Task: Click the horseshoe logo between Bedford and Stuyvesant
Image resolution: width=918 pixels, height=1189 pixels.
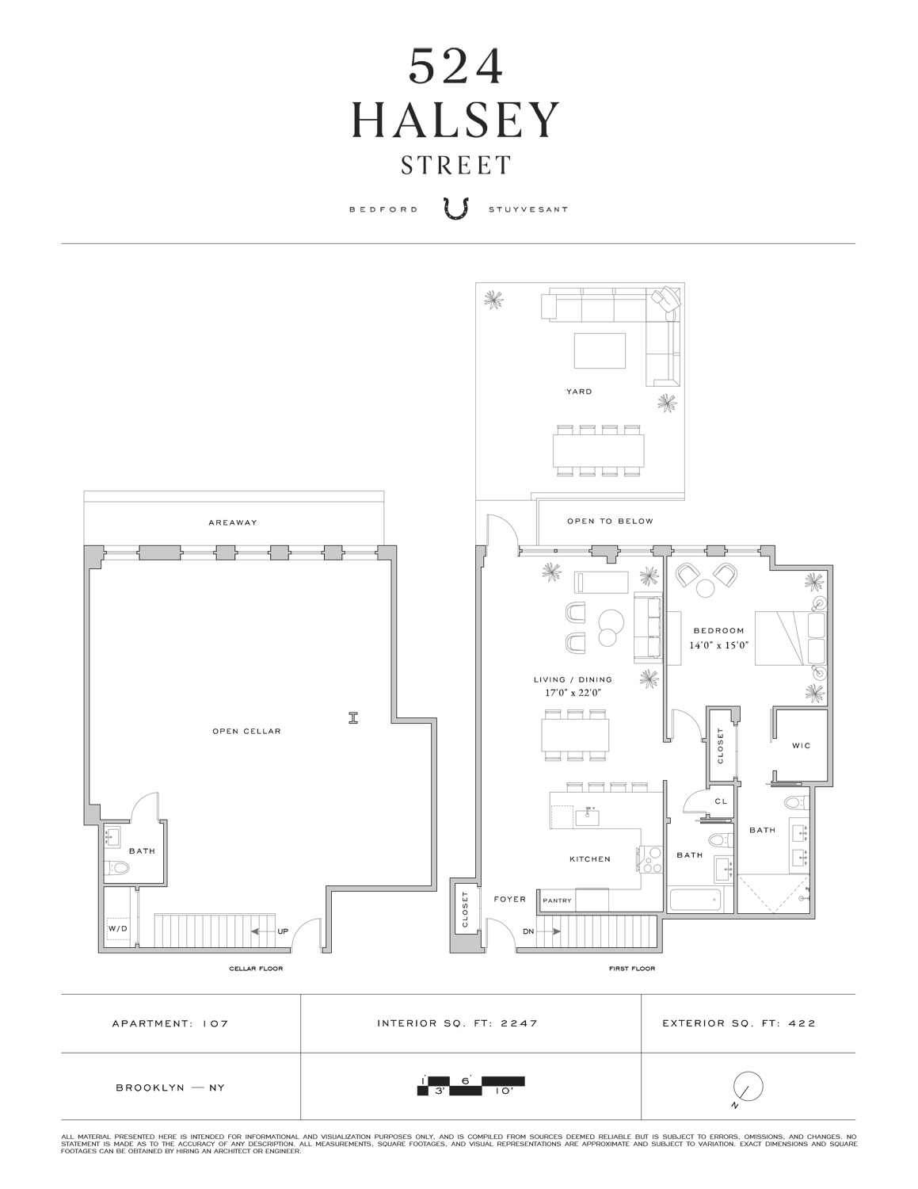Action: coord(457,209)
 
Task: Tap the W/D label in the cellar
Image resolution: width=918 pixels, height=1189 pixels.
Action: coord(117,928)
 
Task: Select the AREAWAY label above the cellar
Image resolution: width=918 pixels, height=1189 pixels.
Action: coord(233,522)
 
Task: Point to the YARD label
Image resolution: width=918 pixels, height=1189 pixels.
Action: coord(579,392)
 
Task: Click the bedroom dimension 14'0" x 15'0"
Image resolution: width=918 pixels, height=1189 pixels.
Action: coord(717,645)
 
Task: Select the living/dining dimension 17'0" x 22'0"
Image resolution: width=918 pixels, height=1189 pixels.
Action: coord(572,693)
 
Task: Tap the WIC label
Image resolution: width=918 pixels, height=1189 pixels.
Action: coord(801,746)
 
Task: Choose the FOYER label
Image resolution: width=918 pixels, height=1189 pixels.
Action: coord(509,899)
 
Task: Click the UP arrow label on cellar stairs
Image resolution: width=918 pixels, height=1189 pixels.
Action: coord(283,931)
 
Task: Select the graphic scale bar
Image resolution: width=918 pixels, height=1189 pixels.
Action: coord(470,1086)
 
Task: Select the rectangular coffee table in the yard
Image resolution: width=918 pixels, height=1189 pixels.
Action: coord(599,350)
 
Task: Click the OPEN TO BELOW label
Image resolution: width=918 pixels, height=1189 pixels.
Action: coord(610,522)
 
